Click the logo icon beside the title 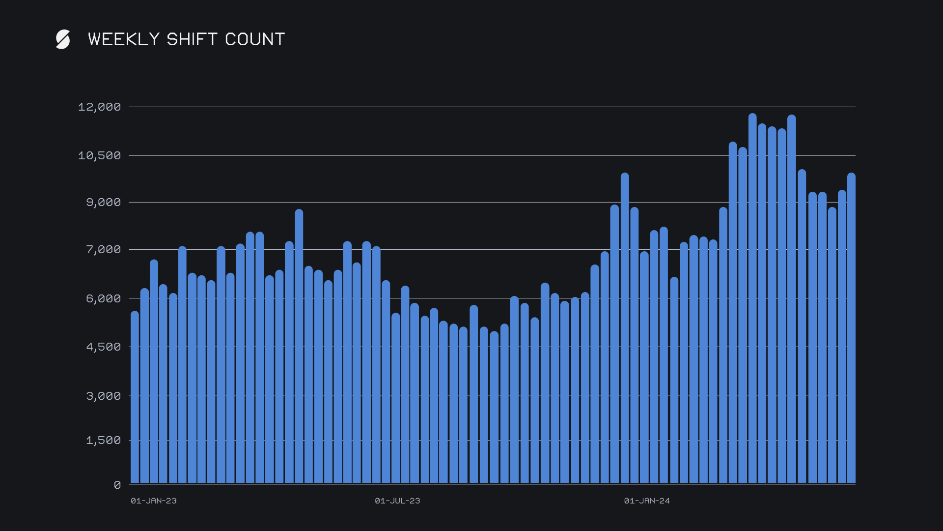63,39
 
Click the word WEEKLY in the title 124,39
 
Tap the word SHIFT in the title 192,39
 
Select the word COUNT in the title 255,39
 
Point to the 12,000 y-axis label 100,107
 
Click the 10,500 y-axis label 100,156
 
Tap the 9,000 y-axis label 104,203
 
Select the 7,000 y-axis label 104,250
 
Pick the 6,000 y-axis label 104,299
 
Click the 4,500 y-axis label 104,347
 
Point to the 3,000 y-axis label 104,396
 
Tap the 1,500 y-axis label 104,441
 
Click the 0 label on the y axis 117,485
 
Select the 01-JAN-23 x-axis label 154,501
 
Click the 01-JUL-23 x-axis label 397,501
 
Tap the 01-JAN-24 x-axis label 647,501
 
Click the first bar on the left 135,398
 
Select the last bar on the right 851,329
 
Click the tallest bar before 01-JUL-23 299,344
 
